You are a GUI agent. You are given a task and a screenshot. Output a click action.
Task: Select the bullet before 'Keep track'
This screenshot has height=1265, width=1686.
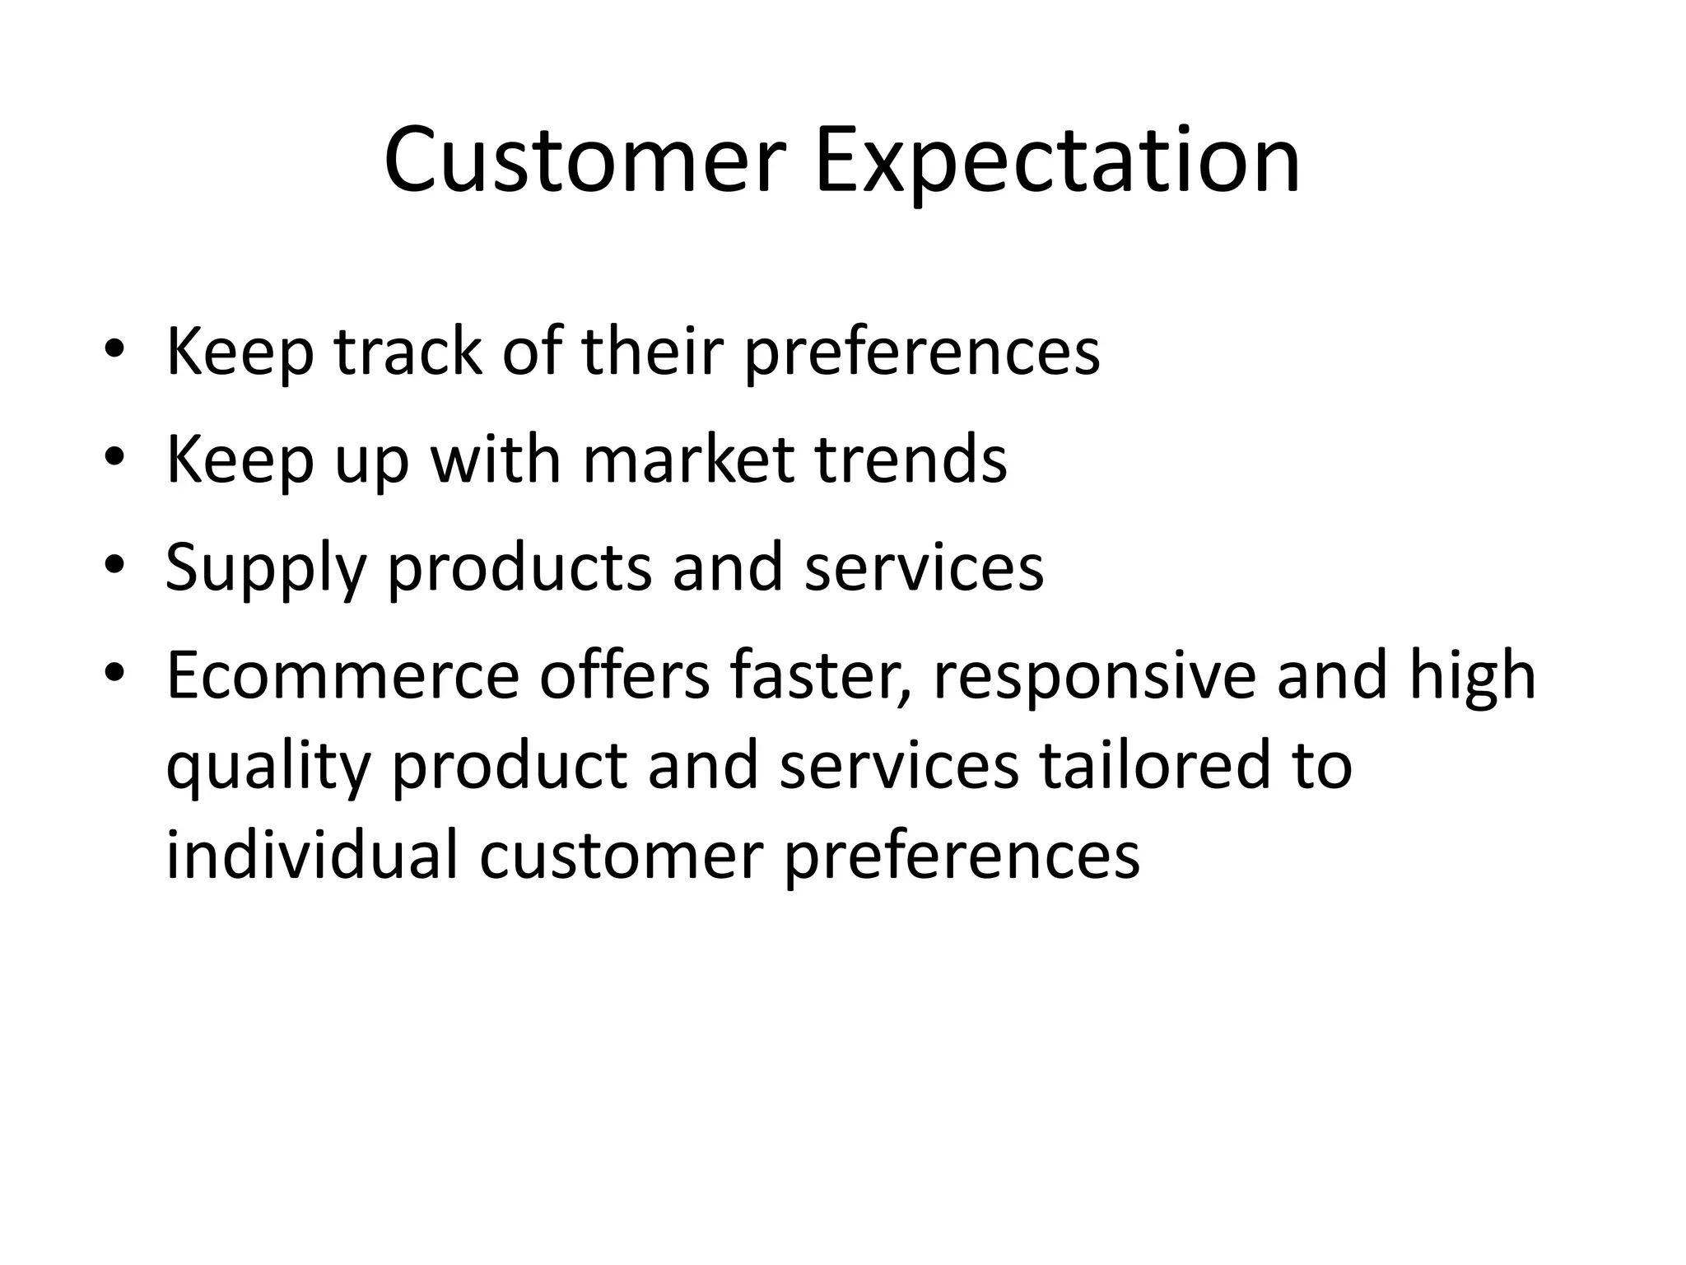click(x=114, y=351)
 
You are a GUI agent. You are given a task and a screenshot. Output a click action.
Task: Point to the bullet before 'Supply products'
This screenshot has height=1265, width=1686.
click(x=114, y=566)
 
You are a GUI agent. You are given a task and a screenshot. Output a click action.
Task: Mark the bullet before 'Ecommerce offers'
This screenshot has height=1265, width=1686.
click(x=114, y=674)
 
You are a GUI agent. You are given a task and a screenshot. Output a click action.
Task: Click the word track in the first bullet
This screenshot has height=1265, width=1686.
click(x=408, y=352)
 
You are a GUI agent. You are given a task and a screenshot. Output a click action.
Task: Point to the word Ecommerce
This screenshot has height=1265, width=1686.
click(x=342, y=675)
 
